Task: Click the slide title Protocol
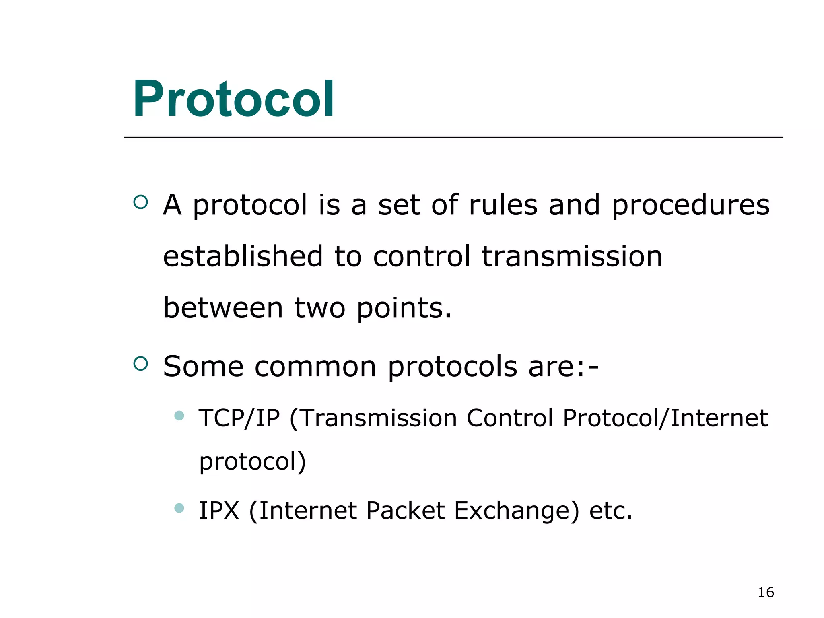point(233,99)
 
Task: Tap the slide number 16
point(766,592)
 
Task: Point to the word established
point(243,256)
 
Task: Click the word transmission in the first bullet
point(572,256)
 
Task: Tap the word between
point(223,308)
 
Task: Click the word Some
point(203,367)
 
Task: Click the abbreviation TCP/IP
point(239,418)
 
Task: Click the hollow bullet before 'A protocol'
point(140,202)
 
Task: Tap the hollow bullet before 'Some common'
point(140,363)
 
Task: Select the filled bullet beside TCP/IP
point(179,416)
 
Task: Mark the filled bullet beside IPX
point(179,508)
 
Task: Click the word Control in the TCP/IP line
point(510,418)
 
